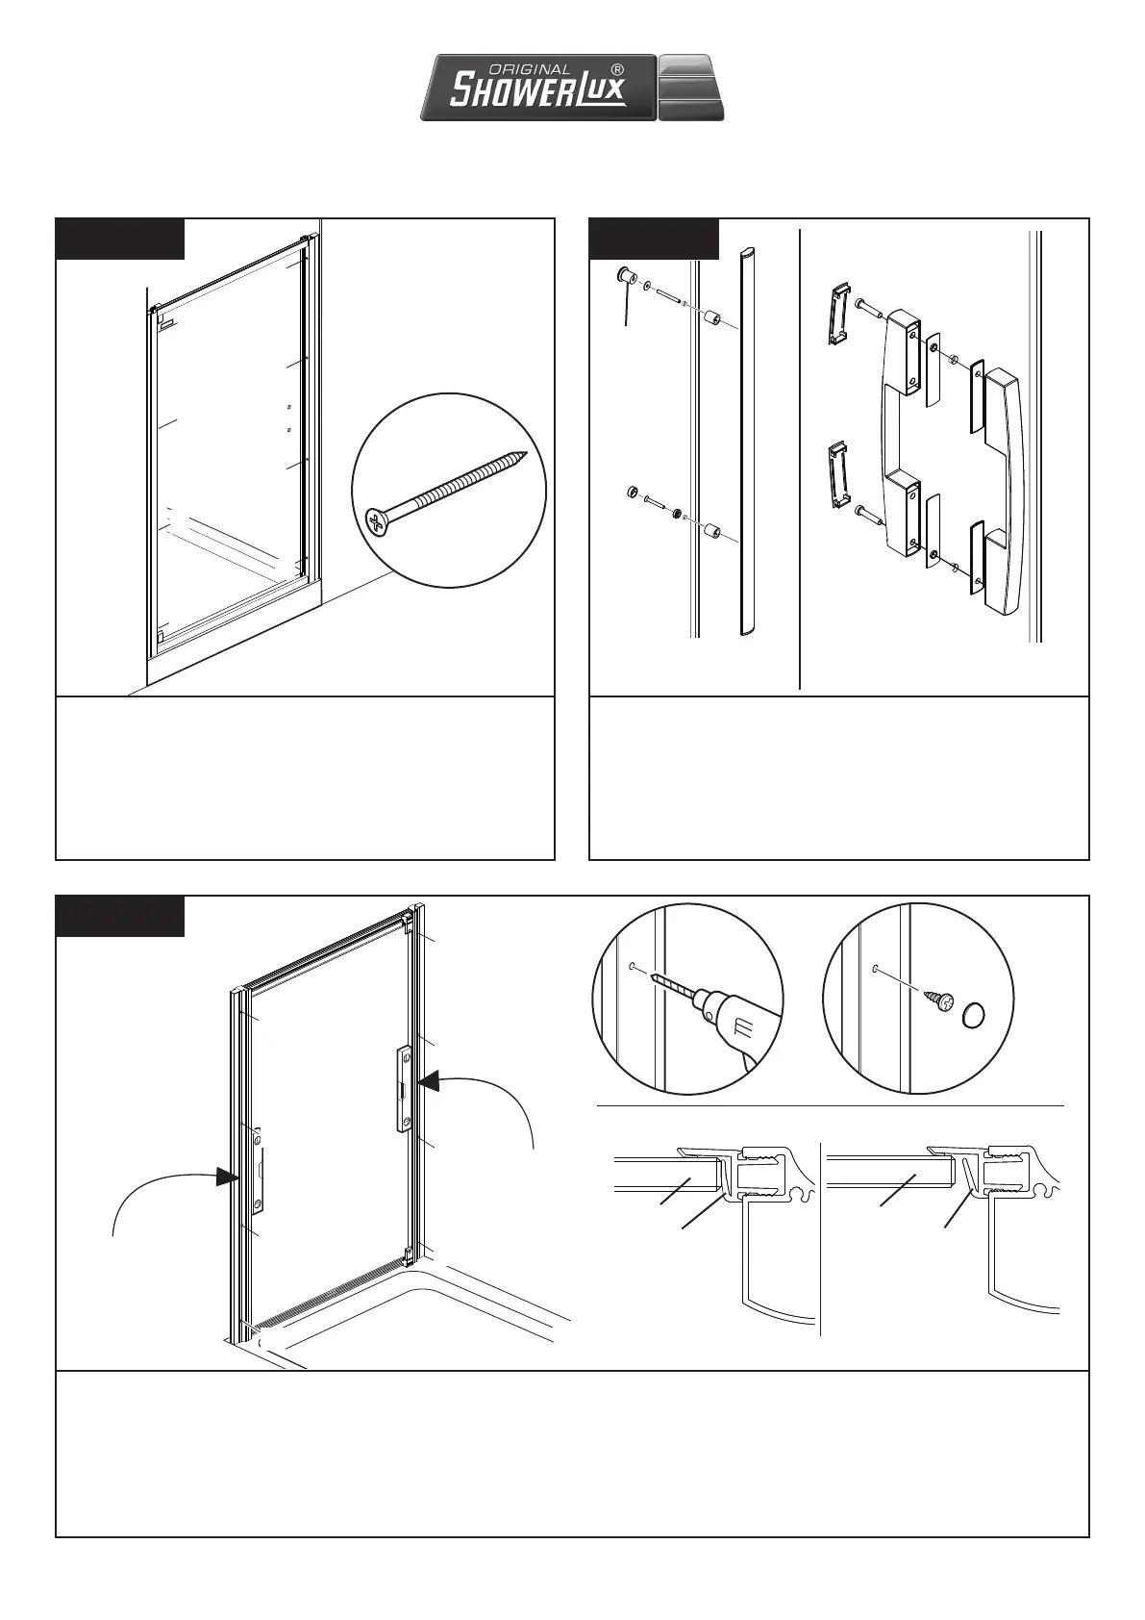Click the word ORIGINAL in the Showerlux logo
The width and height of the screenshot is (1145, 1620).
coord(530,70)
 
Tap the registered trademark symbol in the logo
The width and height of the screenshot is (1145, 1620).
coord(617,70)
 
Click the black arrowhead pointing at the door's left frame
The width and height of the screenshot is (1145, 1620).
coord(226,1176)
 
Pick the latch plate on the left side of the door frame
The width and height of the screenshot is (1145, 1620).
coord(257,1172)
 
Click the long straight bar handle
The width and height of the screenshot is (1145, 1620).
coord(747,443)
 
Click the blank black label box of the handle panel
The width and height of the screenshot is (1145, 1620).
coord(654,239)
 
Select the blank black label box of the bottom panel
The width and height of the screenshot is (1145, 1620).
coord(120,916)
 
